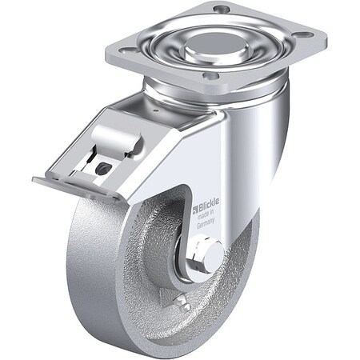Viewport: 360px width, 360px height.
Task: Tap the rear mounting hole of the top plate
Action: (x=222, y=10)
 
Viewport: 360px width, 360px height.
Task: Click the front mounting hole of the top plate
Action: (x=210, y=75)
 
